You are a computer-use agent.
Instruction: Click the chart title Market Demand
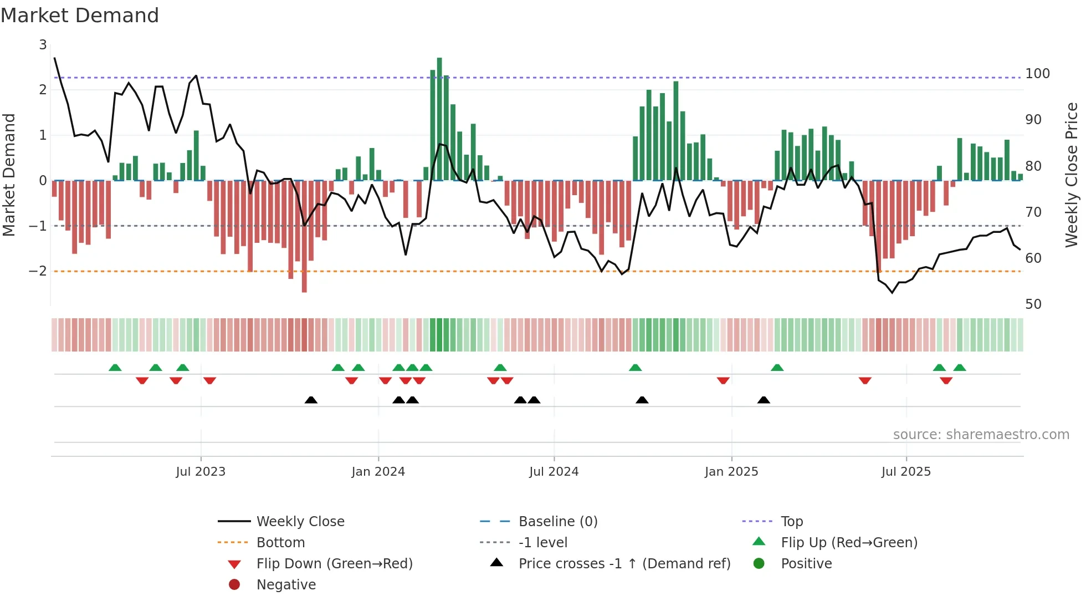click(x=80, y=16)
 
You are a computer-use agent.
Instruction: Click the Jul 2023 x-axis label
click(x=201, y=472)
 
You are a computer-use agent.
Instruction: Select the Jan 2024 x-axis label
click(x=378, y=472)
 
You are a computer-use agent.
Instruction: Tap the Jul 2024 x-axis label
click(x=554, y=472)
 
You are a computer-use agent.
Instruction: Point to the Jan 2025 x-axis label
click(x=731, y=472)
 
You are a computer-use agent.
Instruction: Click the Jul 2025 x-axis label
click(x=906, y=472)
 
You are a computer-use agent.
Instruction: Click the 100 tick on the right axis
click(x=1037, y=74)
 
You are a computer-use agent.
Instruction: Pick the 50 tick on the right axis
click(x=1033, y=304)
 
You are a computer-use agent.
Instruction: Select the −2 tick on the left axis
click(x=38, y=271)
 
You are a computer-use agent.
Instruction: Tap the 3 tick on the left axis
click(x=43, y=45)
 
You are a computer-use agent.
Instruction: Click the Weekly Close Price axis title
click(x=1072, y=175)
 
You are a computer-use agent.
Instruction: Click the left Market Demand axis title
click(x=9, y=175)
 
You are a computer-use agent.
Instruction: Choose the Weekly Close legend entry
click(x=300, y=522)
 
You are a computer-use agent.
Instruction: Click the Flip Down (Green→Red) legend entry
click(x=334, y=564)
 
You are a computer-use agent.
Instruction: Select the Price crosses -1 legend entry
click(x=624, y=564)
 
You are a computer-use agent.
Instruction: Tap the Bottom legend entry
click(x=280, y=543)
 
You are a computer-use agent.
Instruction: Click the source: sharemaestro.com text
click(x=981, y=435)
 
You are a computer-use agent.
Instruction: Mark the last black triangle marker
click(x=764, y=400)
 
